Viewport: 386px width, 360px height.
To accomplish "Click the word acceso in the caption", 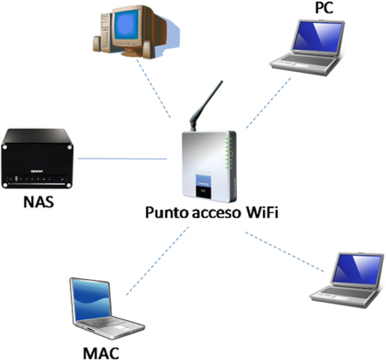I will coord(209,213).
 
